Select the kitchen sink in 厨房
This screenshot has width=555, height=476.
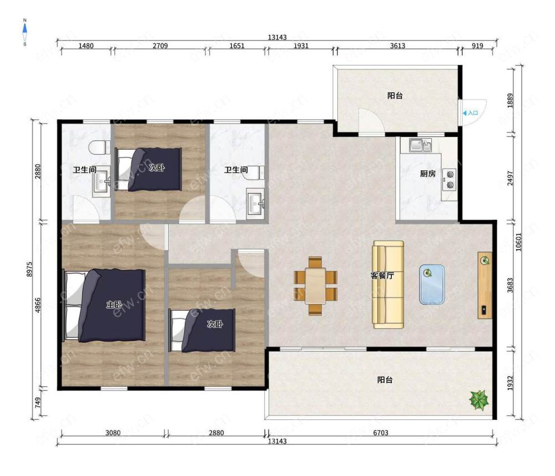421,145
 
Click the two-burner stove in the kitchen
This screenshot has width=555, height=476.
450,179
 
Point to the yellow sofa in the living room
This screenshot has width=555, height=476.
388,285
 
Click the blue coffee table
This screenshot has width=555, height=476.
432,285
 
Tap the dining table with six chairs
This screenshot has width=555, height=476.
315,286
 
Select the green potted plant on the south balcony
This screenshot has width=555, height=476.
479,400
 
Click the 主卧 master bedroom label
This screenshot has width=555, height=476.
114,305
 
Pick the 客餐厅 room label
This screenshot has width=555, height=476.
382,275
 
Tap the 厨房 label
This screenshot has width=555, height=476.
427,174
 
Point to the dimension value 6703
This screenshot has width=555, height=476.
381,433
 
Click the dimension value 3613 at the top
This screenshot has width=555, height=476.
397,45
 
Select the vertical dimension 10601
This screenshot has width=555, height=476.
518,242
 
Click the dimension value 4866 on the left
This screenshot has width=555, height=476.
38,306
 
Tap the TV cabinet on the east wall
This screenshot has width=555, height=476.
485,285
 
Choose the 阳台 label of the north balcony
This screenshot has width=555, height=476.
395,95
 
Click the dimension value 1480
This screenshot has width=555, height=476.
86,45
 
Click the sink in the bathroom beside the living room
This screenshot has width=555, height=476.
255,204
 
